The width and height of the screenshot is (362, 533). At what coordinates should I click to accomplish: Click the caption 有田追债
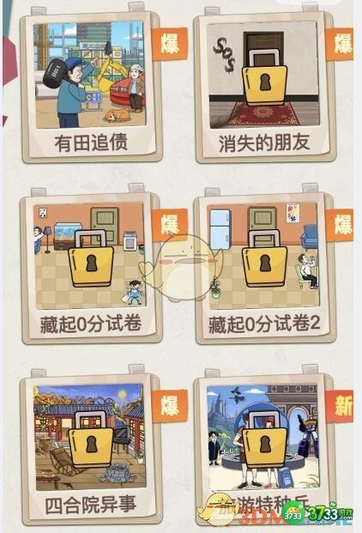[x=91, y=141]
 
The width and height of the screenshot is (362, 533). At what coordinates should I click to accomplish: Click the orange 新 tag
[x=343, y=406]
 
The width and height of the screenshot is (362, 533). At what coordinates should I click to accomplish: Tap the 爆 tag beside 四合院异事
[x=169, y=406]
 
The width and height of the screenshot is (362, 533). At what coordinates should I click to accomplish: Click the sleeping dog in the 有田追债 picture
[x=118, y=114]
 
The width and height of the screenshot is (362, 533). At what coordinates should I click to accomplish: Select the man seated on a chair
[x=305, y=270]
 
